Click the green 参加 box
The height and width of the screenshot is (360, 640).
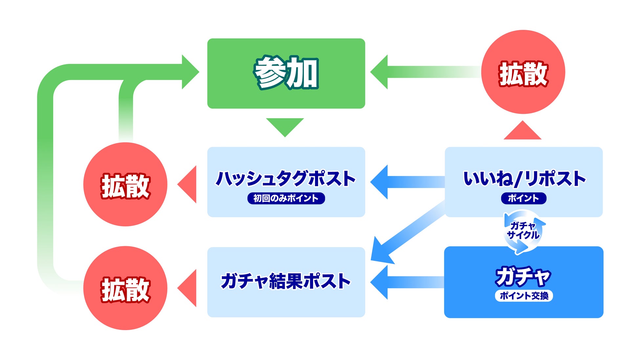click(x=286, y=73)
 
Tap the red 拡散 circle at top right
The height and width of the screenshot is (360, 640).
click(x=523, y=72)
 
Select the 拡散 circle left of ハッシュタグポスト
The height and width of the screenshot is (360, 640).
click(x=125, y=184)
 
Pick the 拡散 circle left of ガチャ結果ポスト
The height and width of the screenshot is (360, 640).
click(x=125, y=288)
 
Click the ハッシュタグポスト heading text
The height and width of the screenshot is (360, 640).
click(x=286, y=179)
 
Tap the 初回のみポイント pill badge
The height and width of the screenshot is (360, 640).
click(x=286, y=198)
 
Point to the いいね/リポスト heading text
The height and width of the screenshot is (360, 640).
click(x=524, y=179)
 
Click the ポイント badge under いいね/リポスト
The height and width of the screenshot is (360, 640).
click(x=523, y=198)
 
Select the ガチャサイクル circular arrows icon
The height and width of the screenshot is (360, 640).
click(x=523, y=231)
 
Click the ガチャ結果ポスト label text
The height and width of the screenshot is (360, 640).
click(x=286, y=281)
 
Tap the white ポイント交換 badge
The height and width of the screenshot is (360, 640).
click(x=524, y=296)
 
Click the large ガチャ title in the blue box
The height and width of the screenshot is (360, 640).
click(x=523, y=276)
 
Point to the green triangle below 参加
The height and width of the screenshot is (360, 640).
click(x=285, y=126)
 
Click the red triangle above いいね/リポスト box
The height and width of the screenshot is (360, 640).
click(x=523, y=132)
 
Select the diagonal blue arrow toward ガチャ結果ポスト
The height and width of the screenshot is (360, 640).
click(x=407, y=232)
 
